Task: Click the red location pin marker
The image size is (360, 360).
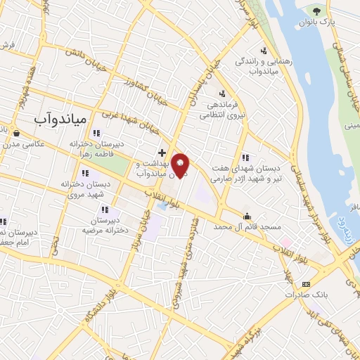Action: [x=181, y=165]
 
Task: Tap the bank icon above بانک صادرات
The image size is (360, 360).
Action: [x=304, y=284]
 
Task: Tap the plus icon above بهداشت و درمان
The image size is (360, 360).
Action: [x=162, y=152]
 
